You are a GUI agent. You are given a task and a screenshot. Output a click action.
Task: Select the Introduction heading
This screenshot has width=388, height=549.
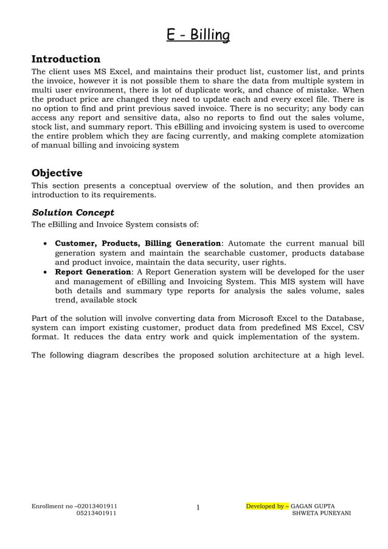point(66,59)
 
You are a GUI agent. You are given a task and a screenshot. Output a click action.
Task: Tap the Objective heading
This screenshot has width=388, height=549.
point(57,173)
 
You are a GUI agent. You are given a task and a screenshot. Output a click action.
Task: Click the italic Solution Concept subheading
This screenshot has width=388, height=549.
point(72,212)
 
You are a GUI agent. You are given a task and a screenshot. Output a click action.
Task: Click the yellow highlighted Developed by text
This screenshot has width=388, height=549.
point(267,505)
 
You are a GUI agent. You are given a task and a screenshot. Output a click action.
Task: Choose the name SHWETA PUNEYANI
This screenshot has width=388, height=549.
point(321,513)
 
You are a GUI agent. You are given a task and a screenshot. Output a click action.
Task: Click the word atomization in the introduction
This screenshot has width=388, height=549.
point(339,136)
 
